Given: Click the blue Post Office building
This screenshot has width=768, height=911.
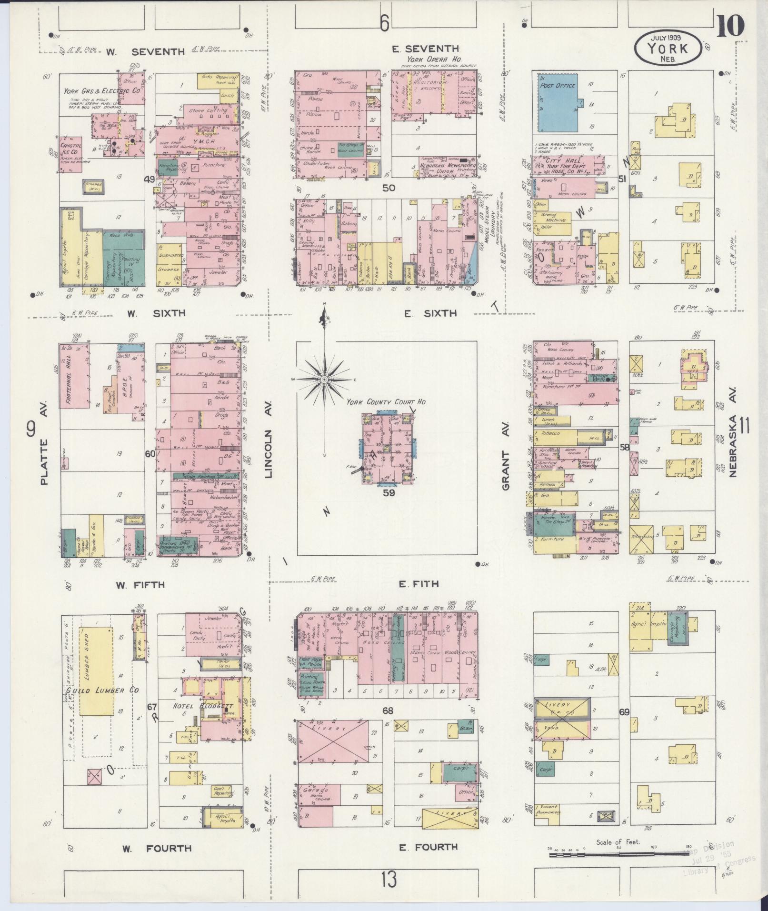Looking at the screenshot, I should pyautogui.click(x=559, y=102).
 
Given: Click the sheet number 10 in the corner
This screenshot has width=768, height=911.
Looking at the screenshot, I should pyautogui.click(x=729, y=26).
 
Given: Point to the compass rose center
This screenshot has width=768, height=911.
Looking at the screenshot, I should pyautogui.click(x=324, y=380).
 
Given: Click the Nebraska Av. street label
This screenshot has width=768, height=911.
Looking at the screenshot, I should pyautogui.click(x=732, y=445).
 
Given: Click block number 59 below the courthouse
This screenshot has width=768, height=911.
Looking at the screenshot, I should pyautogui.click(x=389, y=493).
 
